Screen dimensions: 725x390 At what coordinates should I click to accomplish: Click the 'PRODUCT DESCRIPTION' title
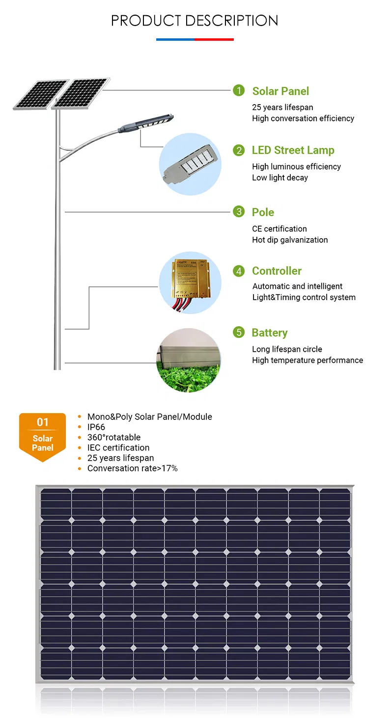(x=195, y=21)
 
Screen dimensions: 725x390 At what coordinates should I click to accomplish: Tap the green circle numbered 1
(x=239, y=90)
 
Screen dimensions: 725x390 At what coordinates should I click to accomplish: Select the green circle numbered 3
(x=239, y=212)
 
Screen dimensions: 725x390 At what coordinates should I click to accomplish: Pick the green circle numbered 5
(x=239, y=333)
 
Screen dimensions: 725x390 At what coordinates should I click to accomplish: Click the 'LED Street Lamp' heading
(x=293, y=150)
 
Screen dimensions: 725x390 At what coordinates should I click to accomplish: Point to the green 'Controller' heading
(x=277, y=271)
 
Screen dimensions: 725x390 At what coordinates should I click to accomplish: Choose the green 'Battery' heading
(x=269, y=333)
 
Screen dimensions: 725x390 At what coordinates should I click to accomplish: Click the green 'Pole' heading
(x=263, y=212)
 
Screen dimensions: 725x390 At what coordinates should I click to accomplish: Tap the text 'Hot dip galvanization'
(x=290, y=240)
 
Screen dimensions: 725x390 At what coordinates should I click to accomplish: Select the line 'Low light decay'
(x=280, y=178)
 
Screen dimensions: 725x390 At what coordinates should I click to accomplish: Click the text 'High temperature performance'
(x=307, y=361)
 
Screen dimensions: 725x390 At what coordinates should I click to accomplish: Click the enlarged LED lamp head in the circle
(x=189, y=164)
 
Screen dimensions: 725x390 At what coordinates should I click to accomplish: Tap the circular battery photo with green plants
(x=189, y=361)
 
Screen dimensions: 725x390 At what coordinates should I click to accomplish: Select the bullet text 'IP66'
(x=96, y=427)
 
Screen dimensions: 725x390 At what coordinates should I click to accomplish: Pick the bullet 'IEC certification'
(x=118, y=447)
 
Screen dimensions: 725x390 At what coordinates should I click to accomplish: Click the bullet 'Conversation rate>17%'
(x=132, y=468)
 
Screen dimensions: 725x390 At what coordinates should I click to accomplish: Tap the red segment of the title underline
(x=214, y=39)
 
